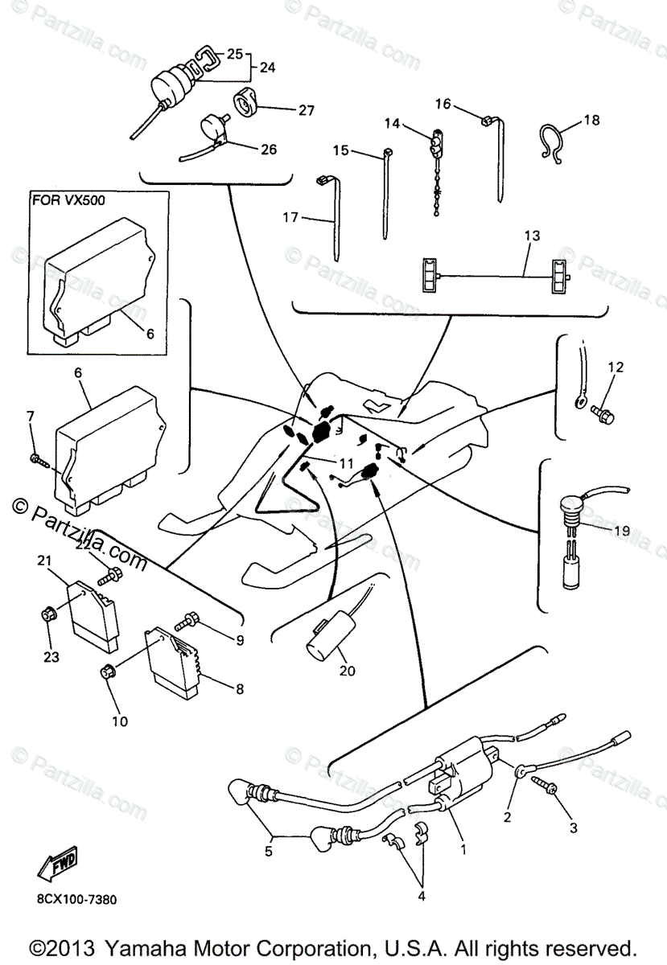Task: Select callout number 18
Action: [x=591, y=120]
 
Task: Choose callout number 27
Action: [x=306, y=110]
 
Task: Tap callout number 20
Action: [x=346, y=669]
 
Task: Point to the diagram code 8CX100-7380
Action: [x=75, y=900]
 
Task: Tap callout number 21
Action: [x=43, y=560]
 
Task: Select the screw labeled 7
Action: [x=38, y=459]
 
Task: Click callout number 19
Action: [x=620, y=531]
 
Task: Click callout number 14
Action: [x=391, y=123]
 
